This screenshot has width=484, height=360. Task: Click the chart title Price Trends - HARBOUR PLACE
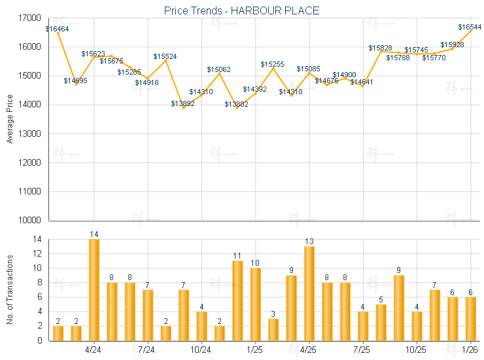[x=241, y=10]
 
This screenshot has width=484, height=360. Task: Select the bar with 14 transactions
[x=94, y=290]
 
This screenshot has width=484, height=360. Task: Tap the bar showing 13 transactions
[x=309, y=293]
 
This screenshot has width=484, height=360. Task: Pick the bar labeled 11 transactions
[x=237, y=300]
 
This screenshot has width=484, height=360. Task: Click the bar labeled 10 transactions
[x=255, y=304]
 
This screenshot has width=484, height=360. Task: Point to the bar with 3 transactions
[x=273, y=329]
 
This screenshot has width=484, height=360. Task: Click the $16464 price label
[x=57, y=29]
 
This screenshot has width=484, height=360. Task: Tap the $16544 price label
[x=470, y=27]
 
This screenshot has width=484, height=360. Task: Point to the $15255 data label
[x=272, y=64]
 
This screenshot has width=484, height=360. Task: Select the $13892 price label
[x=182, y=103]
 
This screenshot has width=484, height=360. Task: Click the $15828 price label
[x=380, y=48]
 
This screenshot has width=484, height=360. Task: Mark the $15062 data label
[x=218, y=69]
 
